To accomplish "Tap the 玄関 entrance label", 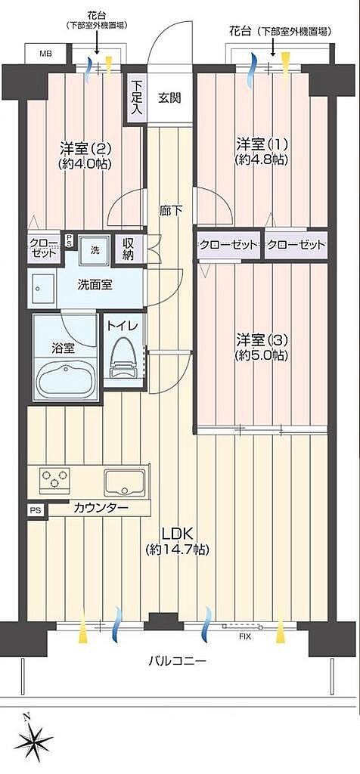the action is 169,98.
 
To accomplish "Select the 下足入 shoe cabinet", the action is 137,98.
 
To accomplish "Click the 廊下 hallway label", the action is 170,211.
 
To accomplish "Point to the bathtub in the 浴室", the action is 65,379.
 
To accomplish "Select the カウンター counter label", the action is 101,507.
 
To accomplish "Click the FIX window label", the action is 245,636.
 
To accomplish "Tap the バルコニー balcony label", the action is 177,660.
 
